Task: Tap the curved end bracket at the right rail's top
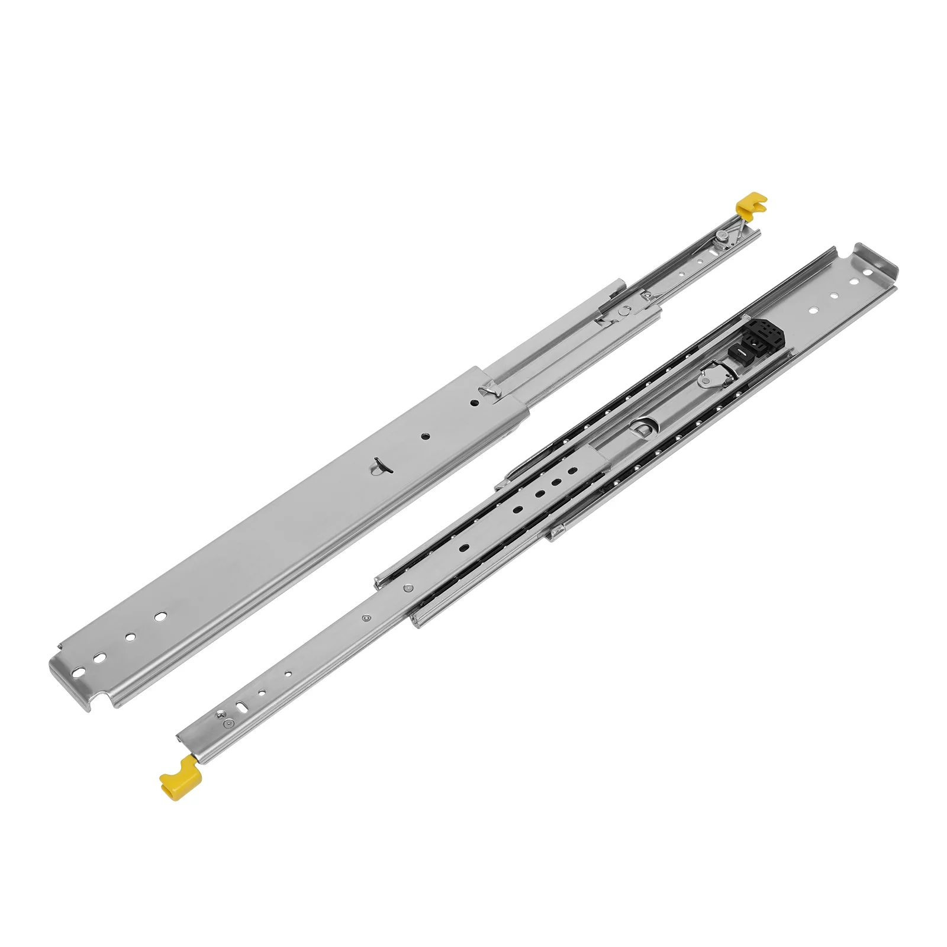[x=876, y=260]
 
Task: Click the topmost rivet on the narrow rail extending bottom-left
[x=408, y=588]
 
